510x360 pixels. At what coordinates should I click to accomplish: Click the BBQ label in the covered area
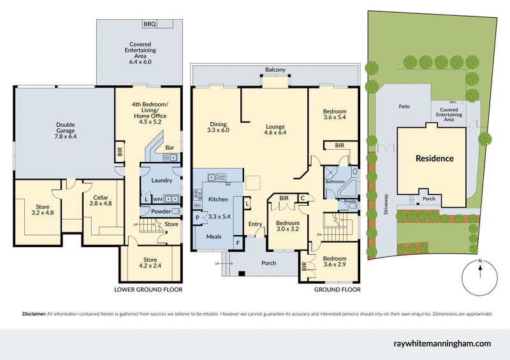point(150,24)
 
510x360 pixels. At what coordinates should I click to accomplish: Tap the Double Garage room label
point(66,130)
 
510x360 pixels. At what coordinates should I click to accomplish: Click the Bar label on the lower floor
point(170,148)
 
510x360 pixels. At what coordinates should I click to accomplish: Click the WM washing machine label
point(157,199)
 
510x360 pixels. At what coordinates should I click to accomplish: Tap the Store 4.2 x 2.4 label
point(150,263)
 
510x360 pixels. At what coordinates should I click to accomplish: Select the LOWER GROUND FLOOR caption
point(148,289)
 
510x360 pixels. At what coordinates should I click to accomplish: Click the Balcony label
point(275,69)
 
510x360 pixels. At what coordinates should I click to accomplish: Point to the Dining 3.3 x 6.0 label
point(218,127)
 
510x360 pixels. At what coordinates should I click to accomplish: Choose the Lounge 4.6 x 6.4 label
point(275,130)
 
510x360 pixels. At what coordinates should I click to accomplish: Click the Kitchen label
point(218,199)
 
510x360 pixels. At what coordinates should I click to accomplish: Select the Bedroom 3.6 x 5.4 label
point(335,115)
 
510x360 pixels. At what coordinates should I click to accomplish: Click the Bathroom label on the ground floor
point(334,182)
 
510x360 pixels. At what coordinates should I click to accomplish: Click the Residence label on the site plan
point(435,158)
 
